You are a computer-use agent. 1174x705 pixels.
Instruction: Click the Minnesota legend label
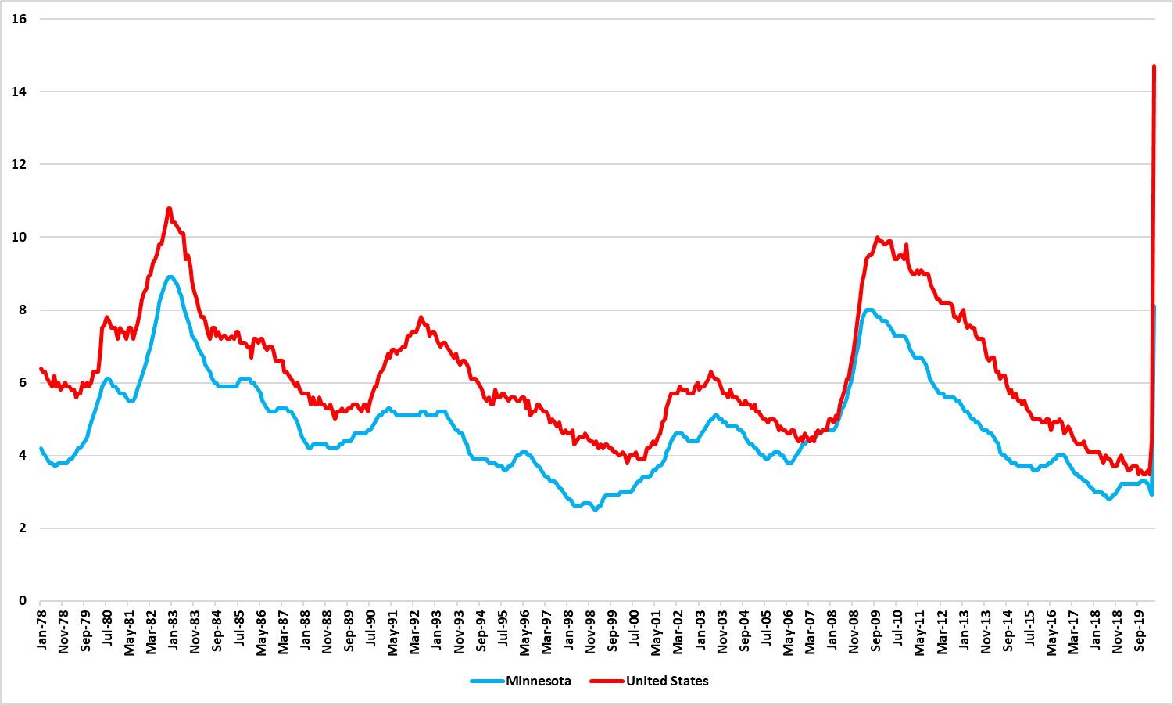[x=538, y=681]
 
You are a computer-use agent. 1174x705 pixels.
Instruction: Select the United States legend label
[x=667, y=681]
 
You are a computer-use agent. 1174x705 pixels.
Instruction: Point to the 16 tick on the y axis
[x=19, y=19]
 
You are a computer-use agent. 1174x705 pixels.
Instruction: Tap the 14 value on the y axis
[x=19, y=91]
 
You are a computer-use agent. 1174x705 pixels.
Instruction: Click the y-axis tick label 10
[x=19, y=237]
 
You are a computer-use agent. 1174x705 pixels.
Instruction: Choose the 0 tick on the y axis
[x=23, y=601]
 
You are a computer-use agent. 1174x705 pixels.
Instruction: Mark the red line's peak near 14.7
[x=1154, y=66]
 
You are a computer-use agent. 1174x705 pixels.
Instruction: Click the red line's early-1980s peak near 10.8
[x=169, y=208]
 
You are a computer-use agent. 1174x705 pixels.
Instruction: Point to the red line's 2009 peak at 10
[x=877, y=238]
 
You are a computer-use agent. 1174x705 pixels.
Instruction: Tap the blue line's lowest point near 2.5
[x=596, y=510]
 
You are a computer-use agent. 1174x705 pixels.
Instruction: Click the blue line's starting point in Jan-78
[x=41, y=449]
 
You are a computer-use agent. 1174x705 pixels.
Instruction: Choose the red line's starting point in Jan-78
[x=41, y=368]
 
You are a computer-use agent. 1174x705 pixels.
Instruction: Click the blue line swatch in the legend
[x=487, y=681]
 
